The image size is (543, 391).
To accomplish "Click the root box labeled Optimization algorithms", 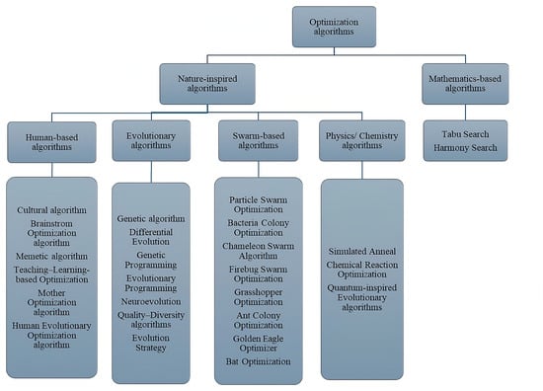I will (x=334, y=27).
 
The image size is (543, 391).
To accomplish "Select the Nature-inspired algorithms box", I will (x=207, y=83).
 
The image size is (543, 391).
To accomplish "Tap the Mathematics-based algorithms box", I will (x=465, y=83).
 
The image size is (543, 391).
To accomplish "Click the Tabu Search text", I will (x=465, y=132).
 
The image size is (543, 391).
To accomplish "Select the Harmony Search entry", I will (x=465, y=148).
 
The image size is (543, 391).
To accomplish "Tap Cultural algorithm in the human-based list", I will (x=51, y=210).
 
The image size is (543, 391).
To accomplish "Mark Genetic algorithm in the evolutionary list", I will (x=154, y=217).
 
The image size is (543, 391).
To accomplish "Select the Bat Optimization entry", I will (x=258, y=361).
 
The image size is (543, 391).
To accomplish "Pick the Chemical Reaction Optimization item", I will (x=362, y=271).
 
